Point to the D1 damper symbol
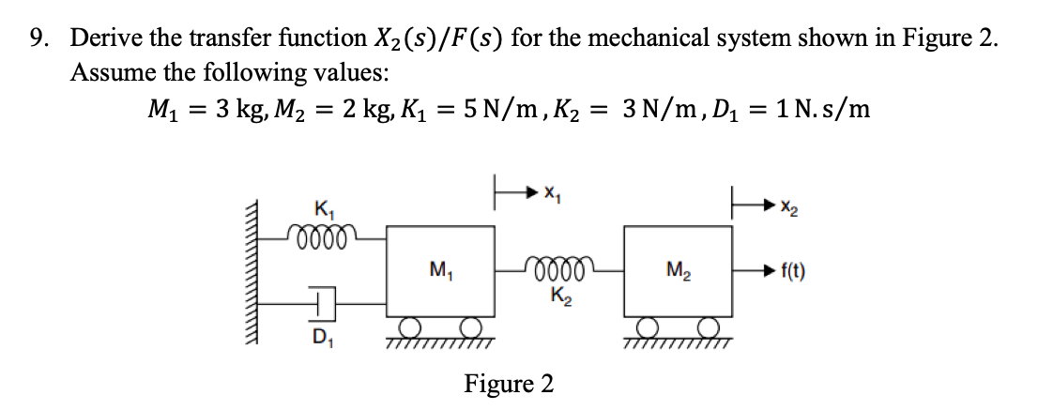point(322,302)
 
